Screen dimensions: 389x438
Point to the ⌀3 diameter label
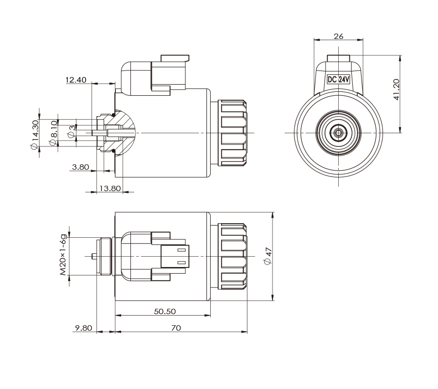pos(71,131)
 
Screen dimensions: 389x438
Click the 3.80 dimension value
pos(80,167)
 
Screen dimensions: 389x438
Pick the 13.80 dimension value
pos(110,188)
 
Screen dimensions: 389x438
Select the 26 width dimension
pos(339,36)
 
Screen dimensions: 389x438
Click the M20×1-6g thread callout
pos(63,255)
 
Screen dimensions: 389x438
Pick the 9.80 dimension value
pos(83,328)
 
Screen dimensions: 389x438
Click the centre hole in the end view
pos(339,132)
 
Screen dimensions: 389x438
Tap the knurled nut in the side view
pos(234,132)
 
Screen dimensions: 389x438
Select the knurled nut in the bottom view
pos(234,256)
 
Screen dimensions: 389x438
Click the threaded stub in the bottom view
pos(104,256)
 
